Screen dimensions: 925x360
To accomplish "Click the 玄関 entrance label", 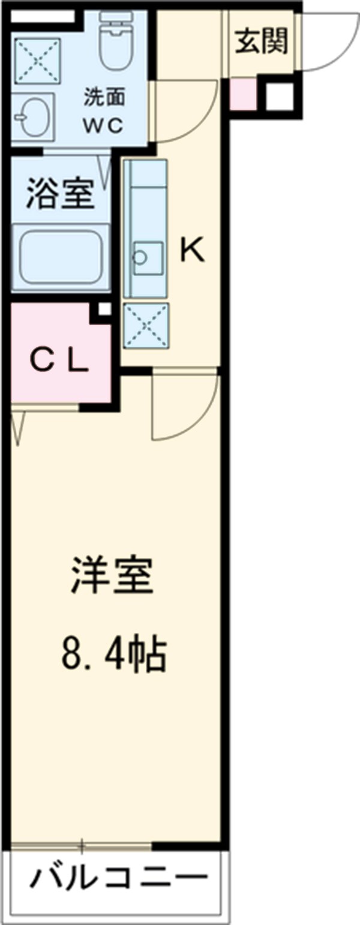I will point(261,42).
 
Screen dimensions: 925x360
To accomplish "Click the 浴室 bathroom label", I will point(60,195).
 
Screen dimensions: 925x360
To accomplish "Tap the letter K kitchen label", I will point(193,251).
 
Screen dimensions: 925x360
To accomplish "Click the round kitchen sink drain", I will point(139,257).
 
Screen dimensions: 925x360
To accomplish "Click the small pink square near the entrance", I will point(243,95).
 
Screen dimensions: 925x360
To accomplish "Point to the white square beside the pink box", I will point(280,96).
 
